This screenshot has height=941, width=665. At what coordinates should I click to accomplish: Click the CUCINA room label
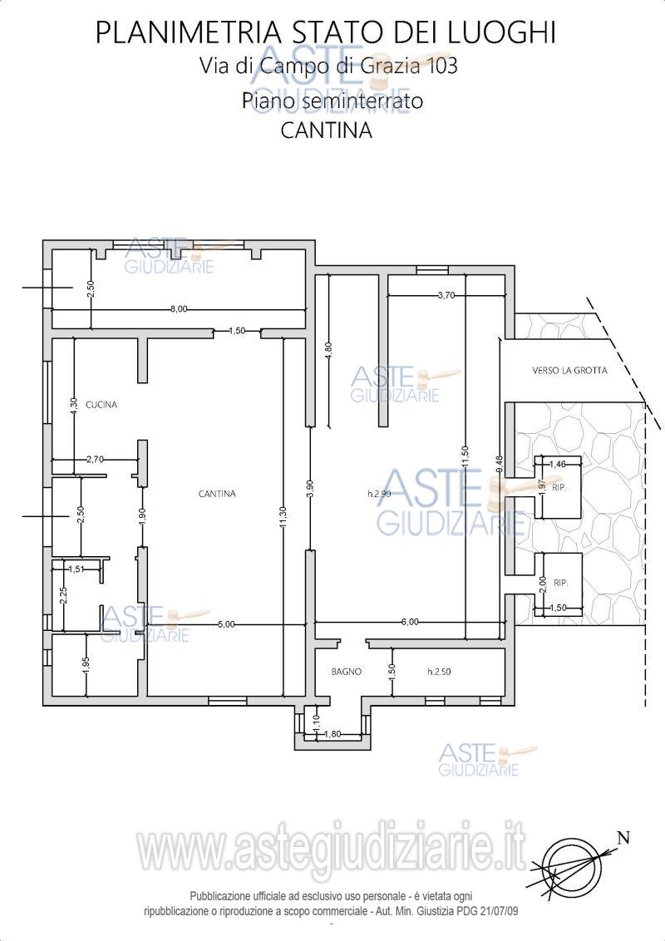point(101,405)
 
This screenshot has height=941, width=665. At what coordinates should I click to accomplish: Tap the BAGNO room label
point(347,672)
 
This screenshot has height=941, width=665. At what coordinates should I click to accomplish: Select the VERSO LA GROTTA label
point(569,370)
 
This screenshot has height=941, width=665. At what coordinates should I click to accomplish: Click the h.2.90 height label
point(379,494)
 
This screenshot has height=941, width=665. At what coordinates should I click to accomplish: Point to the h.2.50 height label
point(439,672)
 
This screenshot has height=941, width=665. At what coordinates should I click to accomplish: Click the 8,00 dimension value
point(179,309)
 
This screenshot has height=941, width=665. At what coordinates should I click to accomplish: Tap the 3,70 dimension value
point(446,294)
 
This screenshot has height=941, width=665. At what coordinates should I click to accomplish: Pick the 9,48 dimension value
point(500,466)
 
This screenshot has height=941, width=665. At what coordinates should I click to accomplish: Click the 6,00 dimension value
point(410,623)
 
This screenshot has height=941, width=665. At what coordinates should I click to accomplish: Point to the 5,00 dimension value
point(226,624)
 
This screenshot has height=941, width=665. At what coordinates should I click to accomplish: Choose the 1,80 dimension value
point(332,734)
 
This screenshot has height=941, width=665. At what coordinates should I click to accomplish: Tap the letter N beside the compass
point(624,839)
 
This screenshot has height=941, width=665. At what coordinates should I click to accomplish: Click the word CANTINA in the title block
point(327,131)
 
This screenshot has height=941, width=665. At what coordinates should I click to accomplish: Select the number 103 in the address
point(441,66)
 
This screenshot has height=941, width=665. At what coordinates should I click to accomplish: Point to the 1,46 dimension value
point(558,463)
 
